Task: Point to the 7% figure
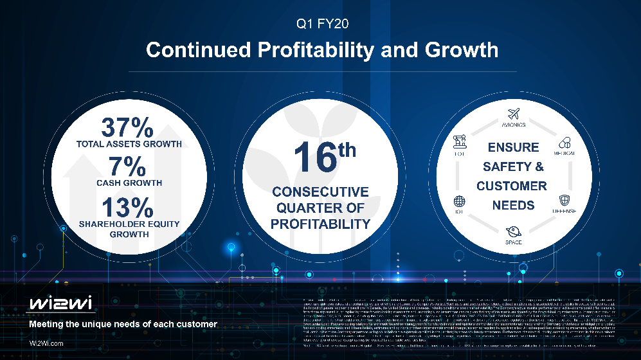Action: click(129, 166)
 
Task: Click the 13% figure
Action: click(129, 207)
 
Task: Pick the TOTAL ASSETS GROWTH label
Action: click(129, 144)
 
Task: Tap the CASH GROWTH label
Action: click(129, 183)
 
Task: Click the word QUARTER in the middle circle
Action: click(320, 208)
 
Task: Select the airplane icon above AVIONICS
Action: click(513, 114)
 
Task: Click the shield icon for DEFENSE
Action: click(564, 200)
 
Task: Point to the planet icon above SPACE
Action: click(513, 231)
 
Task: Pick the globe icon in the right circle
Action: click(459, 201)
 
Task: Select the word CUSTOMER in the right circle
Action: click(512, 186)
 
